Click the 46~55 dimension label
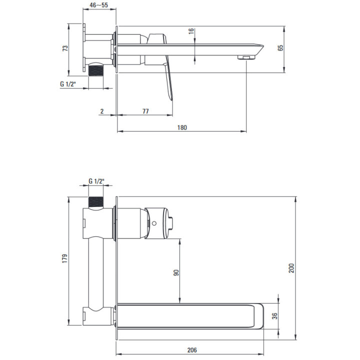[x=98, y=5]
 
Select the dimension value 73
[x=65, y=48]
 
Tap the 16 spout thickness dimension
[x=191, y=31]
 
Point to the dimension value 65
[x=280, y=48]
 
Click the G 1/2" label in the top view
[x=67, y=84]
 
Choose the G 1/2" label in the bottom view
[x=96, y=181]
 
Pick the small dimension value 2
[x=102, y=111]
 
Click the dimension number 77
[x=145, y=111]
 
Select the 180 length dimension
[x=182, y=127]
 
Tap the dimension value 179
[x=65, y=258]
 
